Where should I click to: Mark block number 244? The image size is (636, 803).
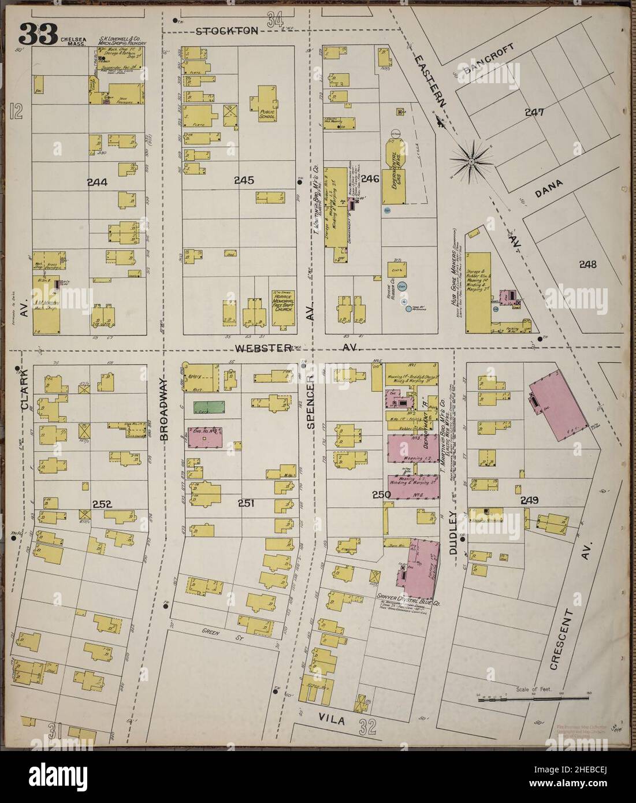coord(97,182)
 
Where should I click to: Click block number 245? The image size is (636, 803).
coord(244,180)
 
